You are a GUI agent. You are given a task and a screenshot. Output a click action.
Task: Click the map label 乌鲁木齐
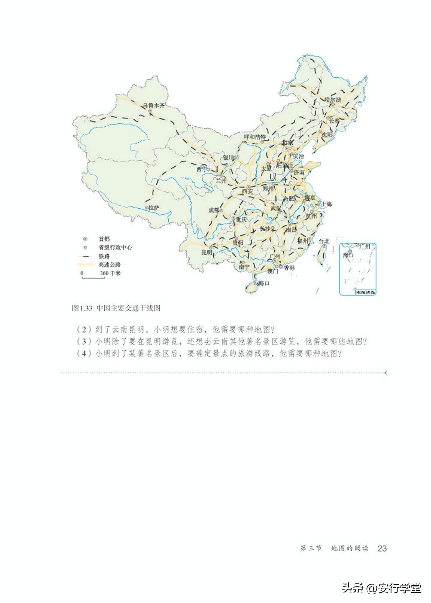click(154, 105)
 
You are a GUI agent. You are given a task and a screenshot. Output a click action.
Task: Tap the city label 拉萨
click(153, 208)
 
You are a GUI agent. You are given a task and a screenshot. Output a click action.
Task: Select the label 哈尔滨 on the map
click(333, 99)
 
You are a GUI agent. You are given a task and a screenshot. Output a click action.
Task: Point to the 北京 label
click(287, 142)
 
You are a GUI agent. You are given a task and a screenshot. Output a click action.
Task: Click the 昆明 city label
click(206, 252)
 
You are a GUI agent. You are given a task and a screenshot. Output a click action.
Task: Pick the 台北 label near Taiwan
click(324, 241)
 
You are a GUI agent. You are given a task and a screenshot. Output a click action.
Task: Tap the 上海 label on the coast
click(326, 204)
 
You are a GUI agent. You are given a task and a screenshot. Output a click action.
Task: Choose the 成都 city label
click(214, 210)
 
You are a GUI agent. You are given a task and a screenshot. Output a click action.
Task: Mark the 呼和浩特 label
click(255, 137)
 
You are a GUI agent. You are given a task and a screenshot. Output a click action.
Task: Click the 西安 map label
click(247, 191)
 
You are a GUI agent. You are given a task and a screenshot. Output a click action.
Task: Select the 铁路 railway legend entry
click(104, 256)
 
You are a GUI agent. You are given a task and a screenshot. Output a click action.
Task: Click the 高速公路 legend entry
click(110, 265)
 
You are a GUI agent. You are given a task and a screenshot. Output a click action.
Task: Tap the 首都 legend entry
click(104, 239)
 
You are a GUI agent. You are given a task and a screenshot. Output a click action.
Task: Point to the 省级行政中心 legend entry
click(115, 247)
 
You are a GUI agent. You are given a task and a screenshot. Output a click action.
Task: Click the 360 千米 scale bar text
click(110, 273)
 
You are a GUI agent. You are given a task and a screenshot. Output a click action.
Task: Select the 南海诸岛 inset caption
click(365, 292)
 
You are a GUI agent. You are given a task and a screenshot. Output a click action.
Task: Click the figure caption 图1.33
click(82, 308)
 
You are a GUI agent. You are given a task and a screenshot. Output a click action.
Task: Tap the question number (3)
click(84, 341)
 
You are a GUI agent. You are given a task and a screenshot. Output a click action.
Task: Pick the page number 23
click(382, 548)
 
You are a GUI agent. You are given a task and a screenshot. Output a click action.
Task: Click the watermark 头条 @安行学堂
click(381, 588)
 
